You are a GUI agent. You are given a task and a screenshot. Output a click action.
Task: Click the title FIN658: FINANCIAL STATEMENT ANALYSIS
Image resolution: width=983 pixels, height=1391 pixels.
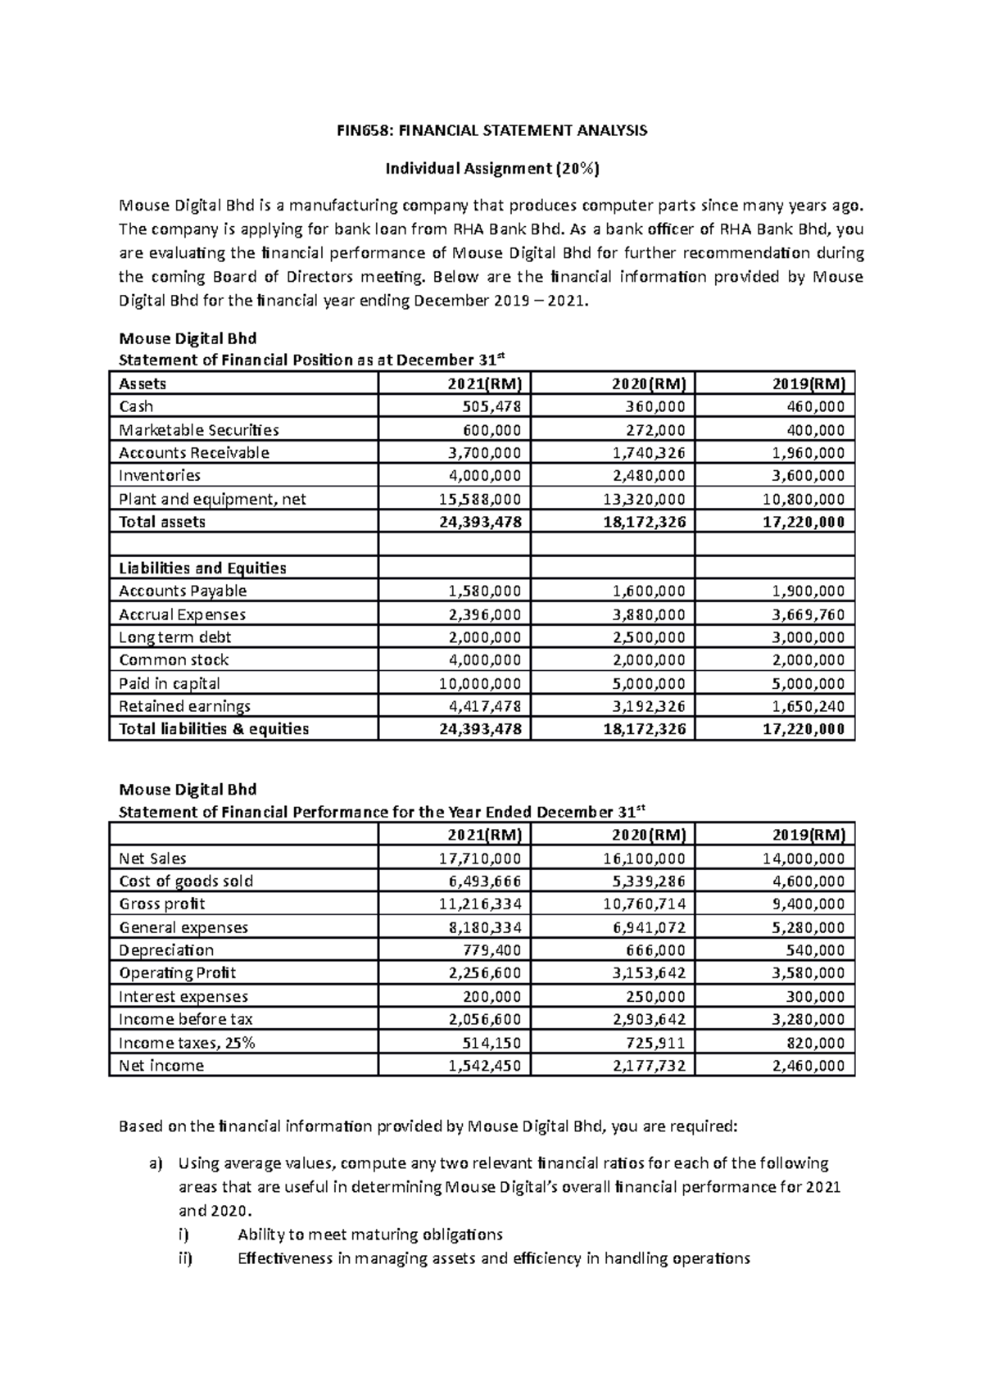click(492, 130)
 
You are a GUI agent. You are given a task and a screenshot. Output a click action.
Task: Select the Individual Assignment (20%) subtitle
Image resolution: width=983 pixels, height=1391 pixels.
click(492, 169)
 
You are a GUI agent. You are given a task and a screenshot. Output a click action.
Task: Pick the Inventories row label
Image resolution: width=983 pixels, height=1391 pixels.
click(160, 475)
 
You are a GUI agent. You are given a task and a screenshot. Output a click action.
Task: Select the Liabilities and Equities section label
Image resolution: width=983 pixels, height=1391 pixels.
click(202, 568)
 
